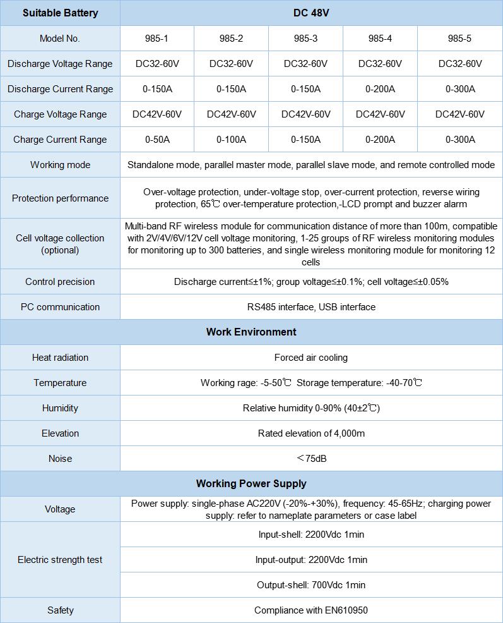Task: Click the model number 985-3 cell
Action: (x=305, y=39)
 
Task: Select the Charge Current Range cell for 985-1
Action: (x=157, y=140)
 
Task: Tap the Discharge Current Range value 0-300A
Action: (x=460, y=89)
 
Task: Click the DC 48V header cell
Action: (x=311, y=13)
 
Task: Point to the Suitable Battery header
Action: (x=61, y=13)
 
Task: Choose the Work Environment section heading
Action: (x=251, y=332)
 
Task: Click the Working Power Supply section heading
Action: (x=251, y=483)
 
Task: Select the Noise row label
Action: (x=61, y=459)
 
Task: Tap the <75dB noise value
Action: (x=311, y=459)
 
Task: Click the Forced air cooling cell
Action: (x=311, y=358)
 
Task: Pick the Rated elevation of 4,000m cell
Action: (x=311, y=433)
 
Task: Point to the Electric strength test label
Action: (x=61, y=560)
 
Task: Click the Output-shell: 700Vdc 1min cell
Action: (x=311, y=585)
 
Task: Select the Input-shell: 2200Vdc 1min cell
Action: (x=311, y=535)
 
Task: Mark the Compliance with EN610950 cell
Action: (x=311, y=610)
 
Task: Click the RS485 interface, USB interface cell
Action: (x=311, y=307)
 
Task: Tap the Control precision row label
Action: (x=61, y=282)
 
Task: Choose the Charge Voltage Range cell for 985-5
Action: (x=460, y=114)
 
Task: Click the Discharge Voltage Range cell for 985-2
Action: (x=231, y=64)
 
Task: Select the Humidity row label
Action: (x=61, y=408)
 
